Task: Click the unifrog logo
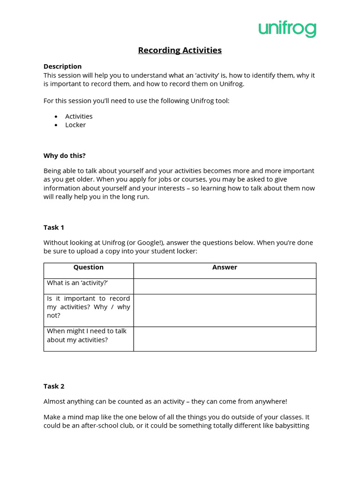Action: pyautogui.click(x=287, y=29)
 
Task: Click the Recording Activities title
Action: pyautogui.click(x=180, y=50)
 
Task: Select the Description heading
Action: pyautogui.click(x=62, y=67)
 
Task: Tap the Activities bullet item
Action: pyautogui.click(x=79, y=116)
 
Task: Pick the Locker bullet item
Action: pyautogui.click(x=75, y=125)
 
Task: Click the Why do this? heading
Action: pyautogui.click(x=65, y=156)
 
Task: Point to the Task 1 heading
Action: pyautogui.click(x=54, y=227)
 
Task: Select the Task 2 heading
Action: pyautogui.click(x=54, y=386)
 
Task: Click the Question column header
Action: pyautogui.click(x=89, y=267)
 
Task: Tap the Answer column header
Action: pyautogui.click(x=225, y=267)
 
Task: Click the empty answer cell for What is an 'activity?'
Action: pyautogui.click(x=225, y=286)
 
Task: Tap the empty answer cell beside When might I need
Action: pyautogui.click(x=225, y=338)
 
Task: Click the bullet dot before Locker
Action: pyautogui.click(x=56, y=125)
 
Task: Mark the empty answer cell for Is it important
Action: pyautogui.click(x=225, y=310)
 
